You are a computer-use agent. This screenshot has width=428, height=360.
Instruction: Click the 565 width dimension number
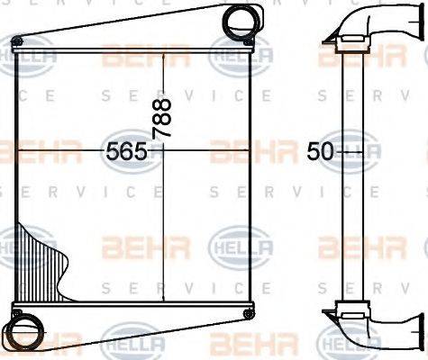coord(126,150)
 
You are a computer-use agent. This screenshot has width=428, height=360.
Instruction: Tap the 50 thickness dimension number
coord(320,150)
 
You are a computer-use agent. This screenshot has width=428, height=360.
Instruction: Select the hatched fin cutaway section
coord(45,261)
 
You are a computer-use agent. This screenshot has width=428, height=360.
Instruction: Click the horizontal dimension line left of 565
coord(54,150)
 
